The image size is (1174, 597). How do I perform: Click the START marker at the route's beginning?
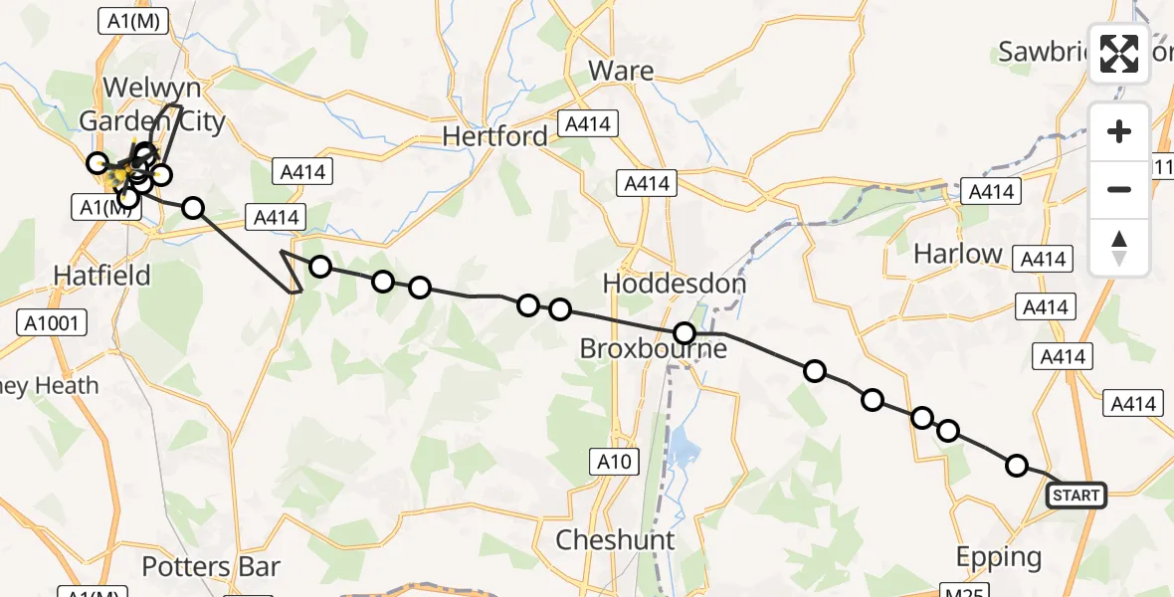tap(1076, 495)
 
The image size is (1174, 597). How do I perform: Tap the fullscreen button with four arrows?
tap(1119, 54)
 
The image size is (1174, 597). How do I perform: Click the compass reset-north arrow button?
tap(1119, 248)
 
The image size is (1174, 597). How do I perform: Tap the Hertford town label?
tap(494, 136)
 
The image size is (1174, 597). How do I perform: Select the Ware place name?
tap(621, 71)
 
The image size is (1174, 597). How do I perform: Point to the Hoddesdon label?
tap(675, 284)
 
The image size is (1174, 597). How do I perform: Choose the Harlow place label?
tap(958, 254)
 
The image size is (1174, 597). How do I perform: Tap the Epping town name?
tap(998, 557)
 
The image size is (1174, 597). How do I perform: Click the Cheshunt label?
tap(616, 540)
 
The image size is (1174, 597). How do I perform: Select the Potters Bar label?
tap(211, 567)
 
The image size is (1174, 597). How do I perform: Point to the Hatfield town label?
tap(101, 276)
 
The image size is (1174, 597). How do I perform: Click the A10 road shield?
tap(614, 461)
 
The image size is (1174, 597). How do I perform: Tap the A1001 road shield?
tap(52, 322)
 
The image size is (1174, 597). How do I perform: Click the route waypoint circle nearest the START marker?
tap(1016, 465)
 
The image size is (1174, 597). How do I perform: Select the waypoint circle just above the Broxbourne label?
tap(685, 332)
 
